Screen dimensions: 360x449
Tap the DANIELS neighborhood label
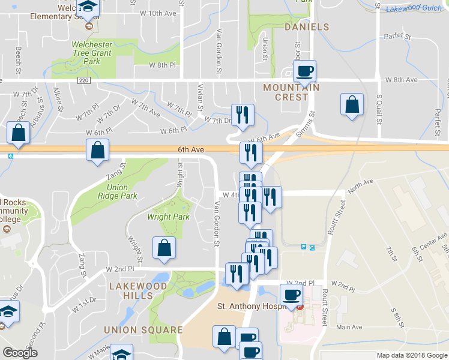tap(307, 28)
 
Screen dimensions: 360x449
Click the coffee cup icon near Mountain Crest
tap(304, 71)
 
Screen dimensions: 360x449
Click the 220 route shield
tap(83, 79)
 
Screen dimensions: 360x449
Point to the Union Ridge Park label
tap(117, 192)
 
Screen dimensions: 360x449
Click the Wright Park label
tap(169, 217)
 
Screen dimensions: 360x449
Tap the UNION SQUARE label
tap(143, 330)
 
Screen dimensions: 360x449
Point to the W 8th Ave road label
tap(402, 80)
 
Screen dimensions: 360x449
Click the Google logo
tap(20, 353)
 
